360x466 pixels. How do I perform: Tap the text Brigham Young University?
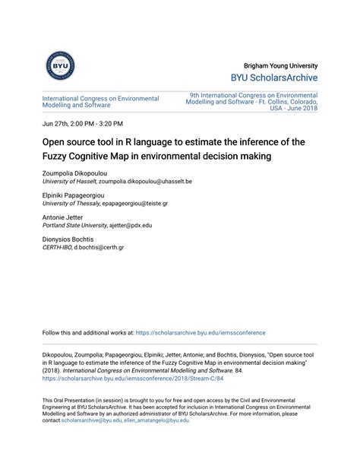click(281, 65)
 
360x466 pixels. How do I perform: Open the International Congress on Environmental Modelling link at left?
click(100, 102)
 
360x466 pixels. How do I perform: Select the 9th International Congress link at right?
click(254, 101)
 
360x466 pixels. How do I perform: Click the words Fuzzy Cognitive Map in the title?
click(78, 157)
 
